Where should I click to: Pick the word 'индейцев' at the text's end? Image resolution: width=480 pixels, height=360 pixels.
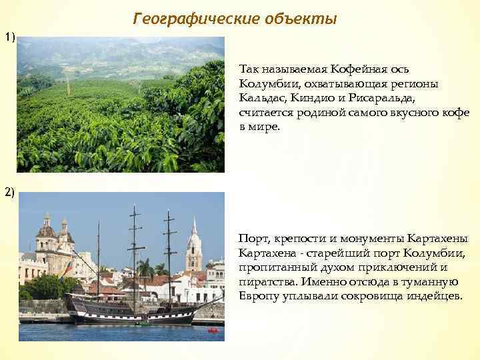(x=435, y=295)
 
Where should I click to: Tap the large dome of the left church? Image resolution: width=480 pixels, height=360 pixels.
(x=46, y=230)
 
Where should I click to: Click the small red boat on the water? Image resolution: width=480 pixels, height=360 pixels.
(x=213, y=330)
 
